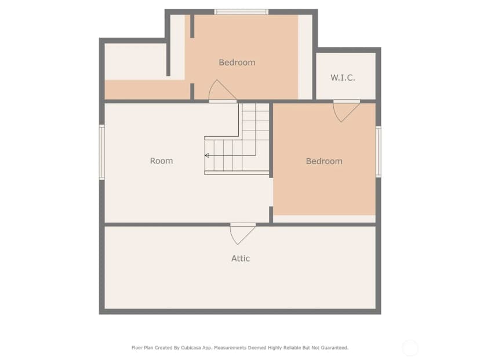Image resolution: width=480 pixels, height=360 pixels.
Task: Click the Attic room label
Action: point(241,259)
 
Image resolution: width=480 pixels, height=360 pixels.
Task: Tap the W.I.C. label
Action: point(343,78)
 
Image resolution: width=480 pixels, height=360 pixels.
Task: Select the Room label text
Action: point(161,161)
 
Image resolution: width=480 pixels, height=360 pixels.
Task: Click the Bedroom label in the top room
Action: point(237,63)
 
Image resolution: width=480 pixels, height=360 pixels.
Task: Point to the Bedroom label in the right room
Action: point(324,161)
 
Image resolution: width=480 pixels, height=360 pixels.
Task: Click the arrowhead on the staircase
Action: point(206,155)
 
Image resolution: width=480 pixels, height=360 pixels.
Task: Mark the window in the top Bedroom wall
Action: point(241,12)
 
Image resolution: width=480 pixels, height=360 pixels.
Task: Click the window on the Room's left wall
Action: point(102,152)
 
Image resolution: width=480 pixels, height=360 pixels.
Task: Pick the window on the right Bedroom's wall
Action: point(379,151)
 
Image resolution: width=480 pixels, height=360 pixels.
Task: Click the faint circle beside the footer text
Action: point(410,348)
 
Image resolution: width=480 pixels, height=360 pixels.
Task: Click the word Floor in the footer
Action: point(137,348)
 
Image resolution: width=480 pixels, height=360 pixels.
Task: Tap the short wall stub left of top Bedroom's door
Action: point(192,92)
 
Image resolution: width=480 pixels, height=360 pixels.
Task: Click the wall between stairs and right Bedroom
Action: point(271,140)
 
